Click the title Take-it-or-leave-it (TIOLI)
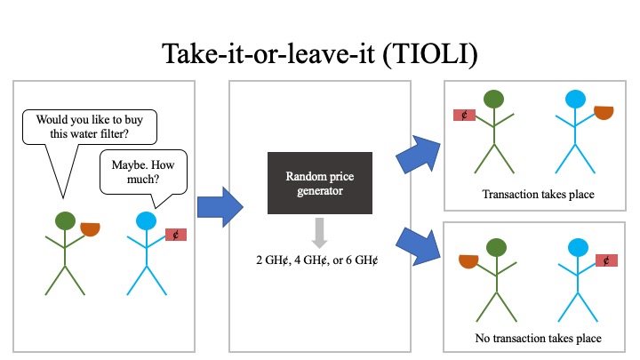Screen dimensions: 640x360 click(320, 54)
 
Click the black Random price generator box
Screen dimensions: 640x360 click(320, 183)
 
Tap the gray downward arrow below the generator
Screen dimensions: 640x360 click(320, 233)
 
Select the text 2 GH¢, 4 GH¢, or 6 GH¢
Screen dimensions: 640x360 click(317, 260)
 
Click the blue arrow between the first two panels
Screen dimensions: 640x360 click(220, 207)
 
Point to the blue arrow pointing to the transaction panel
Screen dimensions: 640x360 click(419, 155)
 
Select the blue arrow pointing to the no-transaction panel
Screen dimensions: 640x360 click(419, 247)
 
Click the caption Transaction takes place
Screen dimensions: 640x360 click(538, 195)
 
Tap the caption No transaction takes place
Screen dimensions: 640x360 click(538, 338)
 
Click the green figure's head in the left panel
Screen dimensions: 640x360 click(65, 220)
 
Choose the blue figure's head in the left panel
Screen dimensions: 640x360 click(146, 220)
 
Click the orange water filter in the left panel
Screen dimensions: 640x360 click(90, 228)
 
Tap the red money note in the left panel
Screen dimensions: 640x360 click(176, 235)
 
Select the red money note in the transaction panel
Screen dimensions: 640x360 click(465, 115)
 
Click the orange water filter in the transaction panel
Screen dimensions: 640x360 click(604, 112)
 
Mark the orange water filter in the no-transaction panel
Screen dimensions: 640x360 click(468, 260)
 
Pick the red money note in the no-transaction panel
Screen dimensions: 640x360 click(606, 260)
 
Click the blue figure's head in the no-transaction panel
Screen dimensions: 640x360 click(578, 248)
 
